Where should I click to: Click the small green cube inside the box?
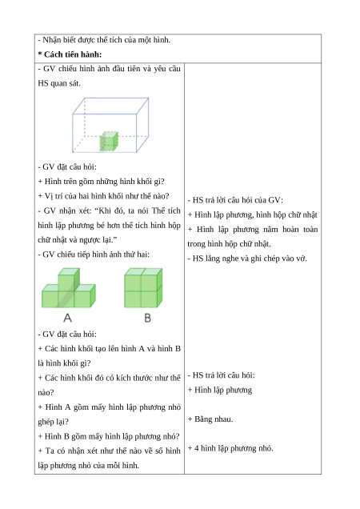[x=109, y=141]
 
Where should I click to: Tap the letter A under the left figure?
[x=67, y=318]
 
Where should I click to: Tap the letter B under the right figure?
[x=148, y=318]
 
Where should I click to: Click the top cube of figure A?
[x=69, y=279]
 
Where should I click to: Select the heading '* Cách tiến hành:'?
[x=70, y=54]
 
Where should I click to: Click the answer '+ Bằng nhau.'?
[x=210, y=419]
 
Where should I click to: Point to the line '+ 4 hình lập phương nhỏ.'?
[x=230, y=448]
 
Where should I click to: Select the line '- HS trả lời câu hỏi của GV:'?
[x=235, y=200]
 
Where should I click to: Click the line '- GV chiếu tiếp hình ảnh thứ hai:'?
[x=94, y=254]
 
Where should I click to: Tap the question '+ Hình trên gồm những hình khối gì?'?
[x=102, y=182]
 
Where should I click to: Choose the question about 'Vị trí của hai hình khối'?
[x=103, y=196]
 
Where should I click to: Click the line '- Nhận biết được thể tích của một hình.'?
[x=104, y=40]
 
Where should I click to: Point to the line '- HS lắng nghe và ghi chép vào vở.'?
[x=247, y=259]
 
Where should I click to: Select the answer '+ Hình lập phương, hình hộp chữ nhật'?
[x=253, y=215]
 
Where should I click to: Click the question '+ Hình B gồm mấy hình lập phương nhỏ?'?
[x=109, y=436]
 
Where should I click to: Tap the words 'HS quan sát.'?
[x=59, y=83]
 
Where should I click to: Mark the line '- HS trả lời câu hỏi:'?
[x=222, y=375]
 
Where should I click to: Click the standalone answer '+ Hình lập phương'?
[x=220, y=390]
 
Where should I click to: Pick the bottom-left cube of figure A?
[x=50, y=299]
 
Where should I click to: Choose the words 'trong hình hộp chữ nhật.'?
[x=229, y=244]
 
